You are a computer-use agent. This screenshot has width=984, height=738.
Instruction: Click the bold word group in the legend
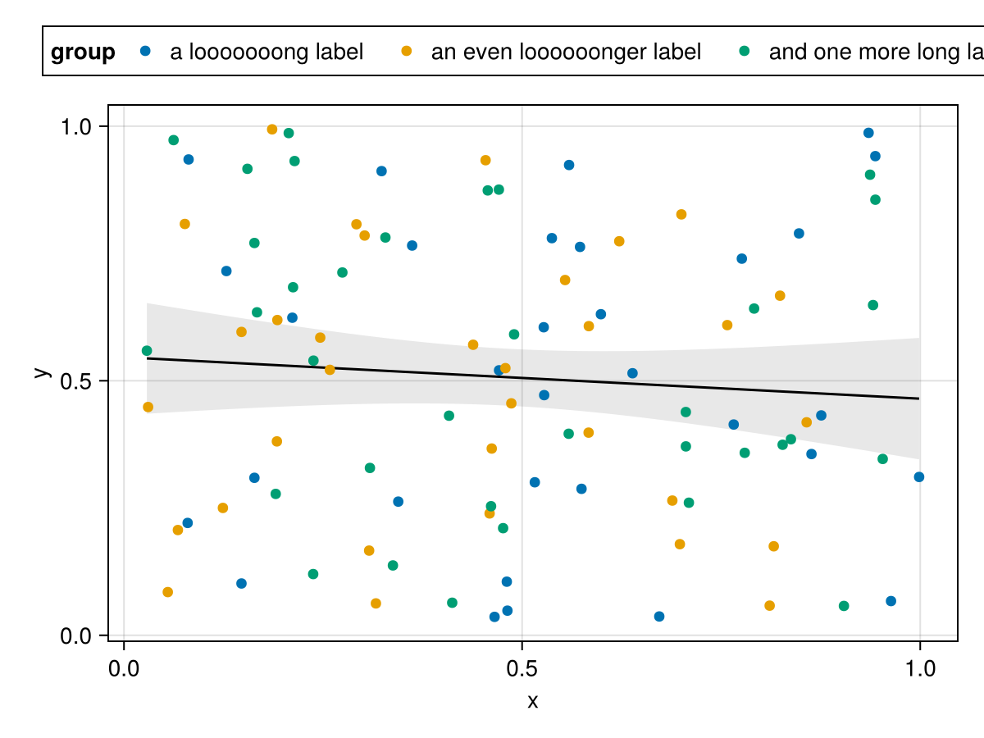click(x=83, y=52)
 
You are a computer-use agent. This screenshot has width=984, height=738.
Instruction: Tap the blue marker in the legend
click(x=146, y=51)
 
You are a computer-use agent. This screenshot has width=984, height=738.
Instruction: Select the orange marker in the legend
click(x=406, y=51)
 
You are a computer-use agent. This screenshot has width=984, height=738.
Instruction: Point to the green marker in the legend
click(x=744, y=51)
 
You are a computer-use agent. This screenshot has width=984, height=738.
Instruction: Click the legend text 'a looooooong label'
click(x=266, y=52)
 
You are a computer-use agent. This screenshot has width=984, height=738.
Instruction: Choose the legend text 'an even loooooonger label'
click(x=566, y=52)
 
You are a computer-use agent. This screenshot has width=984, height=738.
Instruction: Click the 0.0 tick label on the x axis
click(x=124, y=669)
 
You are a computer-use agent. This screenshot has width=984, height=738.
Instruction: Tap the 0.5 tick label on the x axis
click(x=522, y=669)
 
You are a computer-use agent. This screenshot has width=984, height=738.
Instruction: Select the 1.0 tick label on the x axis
click(x=919, y=669)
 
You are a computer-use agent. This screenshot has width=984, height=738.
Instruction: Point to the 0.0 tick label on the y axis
click(x=79, y=636)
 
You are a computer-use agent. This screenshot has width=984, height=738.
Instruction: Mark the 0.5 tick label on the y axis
click(x=79, y=381)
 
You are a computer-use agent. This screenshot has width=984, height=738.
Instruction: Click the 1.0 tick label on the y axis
click(x=79, y=126)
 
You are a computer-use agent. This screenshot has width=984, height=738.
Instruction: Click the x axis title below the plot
click(x=532, y=701)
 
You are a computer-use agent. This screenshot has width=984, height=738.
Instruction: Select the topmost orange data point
click(x=272, y=130)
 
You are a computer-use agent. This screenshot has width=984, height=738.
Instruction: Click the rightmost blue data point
click(x=919, y=477)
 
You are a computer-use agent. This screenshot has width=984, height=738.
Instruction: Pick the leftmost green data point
click(x=147, y=351)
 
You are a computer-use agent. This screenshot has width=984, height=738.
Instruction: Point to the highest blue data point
click(x=868, y=133)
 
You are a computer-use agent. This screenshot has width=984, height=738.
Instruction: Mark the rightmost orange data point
click(x=806, y=422)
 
